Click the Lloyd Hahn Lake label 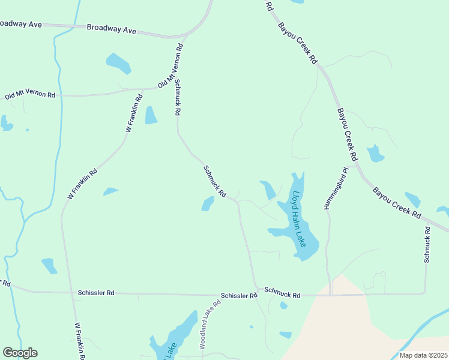298,220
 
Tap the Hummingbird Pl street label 333,188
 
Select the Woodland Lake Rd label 210,325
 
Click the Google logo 20,353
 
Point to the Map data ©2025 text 423,355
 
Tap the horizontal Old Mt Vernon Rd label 30,95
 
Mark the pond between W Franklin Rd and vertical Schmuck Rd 150,115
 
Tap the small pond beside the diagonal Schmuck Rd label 208,204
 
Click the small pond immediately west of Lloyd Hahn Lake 268,190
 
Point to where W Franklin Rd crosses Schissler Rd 73,293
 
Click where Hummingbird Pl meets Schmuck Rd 329,295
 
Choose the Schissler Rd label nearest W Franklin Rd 96,293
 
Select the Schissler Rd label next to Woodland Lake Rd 238,296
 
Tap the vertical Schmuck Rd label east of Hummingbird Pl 427,245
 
